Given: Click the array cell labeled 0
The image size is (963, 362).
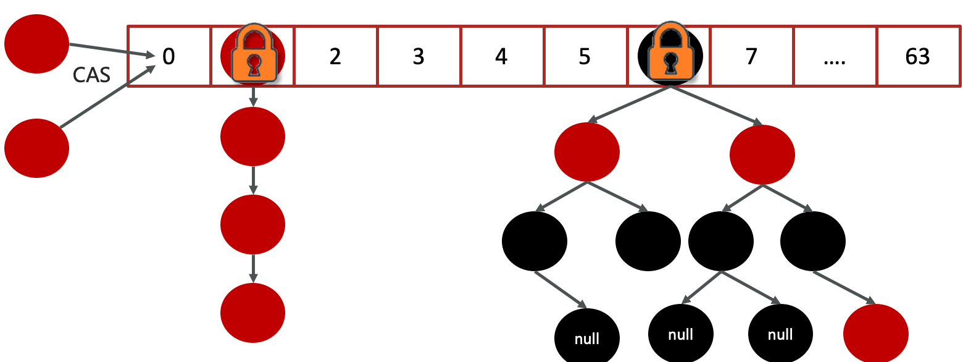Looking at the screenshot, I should [x=169, y=56].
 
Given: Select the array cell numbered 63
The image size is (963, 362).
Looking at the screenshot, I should [x=917, y=56].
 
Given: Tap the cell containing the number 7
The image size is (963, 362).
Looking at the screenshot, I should [x=751, y=56].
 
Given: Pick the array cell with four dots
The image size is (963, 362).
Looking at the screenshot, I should [x=835, y=56].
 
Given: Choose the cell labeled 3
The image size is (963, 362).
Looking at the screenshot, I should [x=419, y=56].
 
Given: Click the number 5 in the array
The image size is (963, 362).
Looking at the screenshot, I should [x=585, y=56].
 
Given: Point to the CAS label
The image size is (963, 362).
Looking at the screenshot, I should [x=91, y=75].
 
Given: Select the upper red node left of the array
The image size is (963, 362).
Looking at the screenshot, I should [x=36, y=44].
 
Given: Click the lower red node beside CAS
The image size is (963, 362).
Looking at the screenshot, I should [x=36, y=148].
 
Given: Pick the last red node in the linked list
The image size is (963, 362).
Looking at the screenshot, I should [x=252, y=313].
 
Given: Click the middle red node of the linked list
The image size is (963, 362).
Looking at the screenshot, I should [x=252, y=225].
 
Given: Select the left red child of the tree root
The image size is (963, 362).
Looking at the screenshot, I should [x=586, y=152].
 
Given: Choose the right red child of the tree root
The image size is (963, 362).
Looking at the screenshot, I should [x=762, y=154].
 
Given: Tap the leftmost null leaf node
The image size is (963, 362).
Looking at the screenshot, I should [x=587, y=337].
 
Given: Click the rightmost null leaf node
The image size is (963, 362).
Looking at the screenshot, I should [x=780, y=334].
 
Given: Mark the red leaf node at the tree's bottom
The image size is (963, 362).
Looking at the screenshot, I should [x=875, y=334].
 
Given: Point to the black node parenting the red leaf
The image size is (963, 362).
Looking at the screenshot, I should [x=812, y=242].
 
